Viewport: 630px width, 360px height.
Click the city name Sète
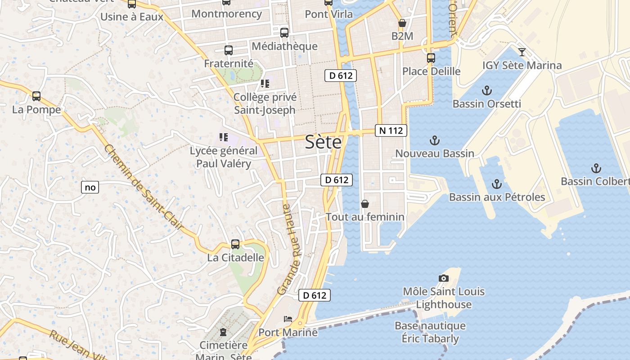coord(323,142)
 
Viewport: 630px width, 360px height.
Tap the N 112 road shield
coord(391,130)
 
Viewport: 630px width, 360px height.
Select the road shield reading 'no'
coord(90,187)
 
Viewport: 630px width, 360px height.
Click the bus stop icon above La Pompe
coord(36,96)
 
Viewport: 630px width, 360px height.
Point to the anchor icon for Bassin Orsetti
coord(486,90)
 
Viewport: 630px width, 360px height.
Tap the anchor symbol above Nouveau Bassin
coord(434,140)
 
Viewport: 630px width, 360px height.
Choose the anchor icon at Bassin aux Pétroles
coord(496,184)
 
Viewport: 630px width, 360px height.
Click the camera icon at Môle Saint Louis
coord(444,278)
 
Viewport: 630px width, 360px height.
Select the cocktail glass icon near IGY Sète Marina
coord(522,52)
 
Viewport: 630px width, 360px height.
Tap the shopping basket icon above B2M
coord(402,23)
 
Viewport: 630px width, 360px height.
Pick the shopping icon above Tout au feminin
coord(365,204)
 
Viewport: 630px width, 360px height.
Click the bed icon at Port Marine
coord(288,319)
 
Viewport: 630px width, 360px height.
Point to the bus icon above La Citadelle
coord(235,244)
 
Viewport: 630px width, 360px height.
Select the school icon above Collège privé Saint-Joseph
coord(265,84)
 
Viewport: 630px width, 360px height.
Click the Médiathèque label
coord(284,46)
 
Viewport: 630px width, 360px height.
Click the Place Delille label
coord(431,71)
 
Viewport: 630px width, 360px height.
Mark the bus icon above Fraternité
coord(229,50)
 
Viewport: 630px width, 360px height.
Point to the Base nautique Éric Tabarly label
coord(430,332)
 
